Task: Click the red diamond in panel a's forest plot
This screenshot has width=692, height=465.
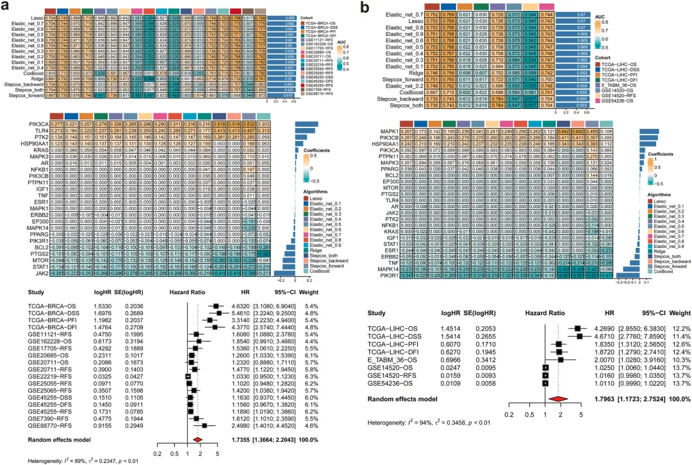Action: [199, 421]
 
